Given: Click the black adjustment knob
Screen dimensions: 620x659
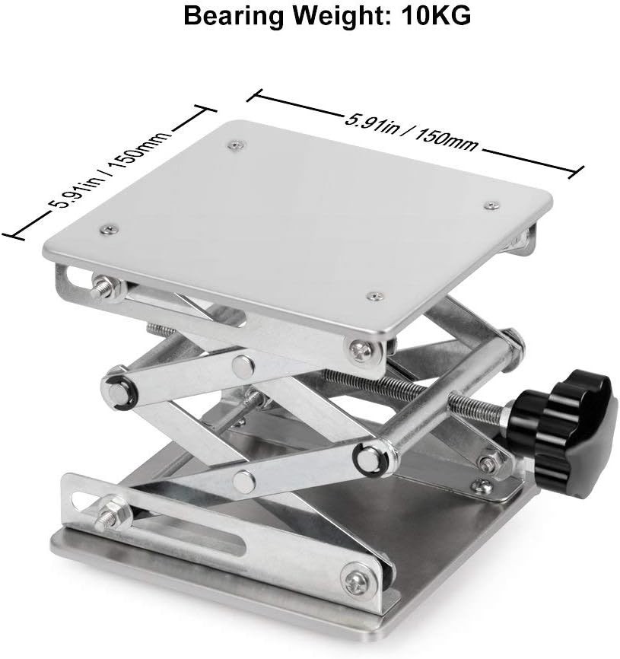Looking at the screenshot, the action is point(562,433).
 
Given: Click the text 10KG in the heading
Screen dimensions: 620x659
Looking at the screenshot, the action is point(437,17).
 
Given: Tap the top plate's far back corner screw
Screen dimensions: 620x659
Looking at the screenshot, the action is point(237,145).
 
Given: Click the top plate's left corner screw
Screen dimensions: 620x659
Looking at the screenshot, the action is point(110,229).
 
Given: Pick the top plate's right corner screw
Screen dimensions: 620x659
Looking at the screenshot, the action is point(491,205).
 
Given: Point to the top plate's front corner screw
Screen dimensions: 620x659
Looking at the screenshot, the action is point(375,296).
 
